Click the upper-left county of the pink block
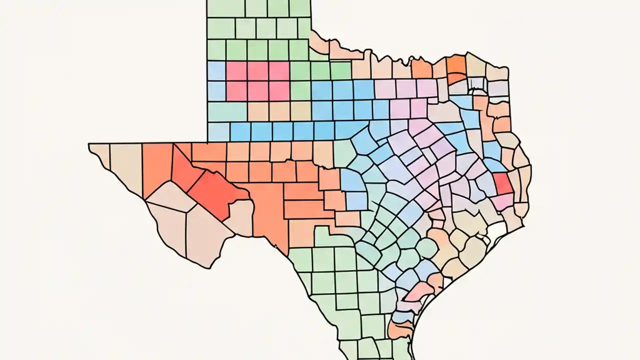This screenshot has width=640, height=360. click(236, 71)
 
